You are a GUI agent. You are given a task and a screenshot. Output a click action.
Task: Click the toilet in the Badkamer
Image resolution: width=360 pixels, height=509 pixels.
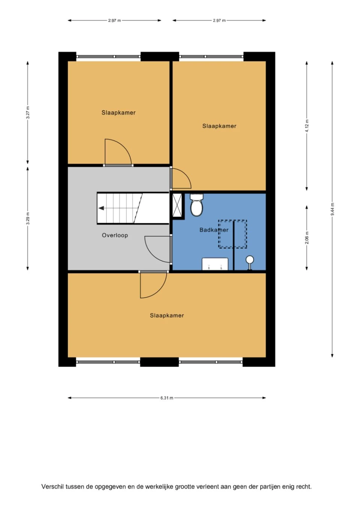coord(196,205)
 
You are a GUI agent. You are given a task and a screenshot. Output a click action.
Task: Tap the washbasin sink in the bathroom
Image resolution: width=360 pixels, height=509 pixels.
coord(215,264)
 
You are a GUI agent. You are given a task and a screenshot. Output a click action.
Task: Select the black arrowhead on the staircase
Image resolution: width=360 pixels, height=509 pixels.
coord(101,208)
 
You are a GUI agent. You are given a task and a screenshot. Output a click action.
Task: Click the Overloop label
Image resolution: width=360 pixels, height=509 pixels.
coord(115,235)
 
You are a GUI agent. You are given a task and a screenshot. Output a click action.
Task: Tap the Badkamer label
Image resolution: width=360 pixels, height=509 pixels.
coord(214,230)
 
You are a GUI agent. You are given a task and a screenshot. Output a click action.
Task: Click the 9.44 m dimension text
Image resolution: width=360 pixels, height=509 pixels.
coord(332,209)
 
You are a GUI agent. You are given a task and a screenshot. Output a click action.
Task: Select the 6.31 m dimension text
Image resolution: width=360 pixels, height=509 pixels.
coord(167,398)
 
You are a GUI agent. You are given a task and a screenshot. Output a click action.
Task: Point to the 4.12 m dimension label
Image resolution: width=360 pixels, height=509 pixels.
coord(307,126)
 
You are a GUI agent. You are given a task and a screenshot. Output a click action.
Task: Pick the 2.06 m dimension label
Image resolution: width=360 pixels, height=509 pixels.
coord(307,238)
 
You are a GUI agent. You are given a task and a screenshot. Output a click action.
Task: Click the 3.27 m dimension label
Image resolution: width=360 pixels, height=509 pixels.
coord(28,112)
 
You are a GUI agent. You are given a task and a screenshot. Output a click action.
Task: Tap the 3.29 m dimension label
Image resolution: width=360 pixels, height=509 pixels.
coord(28,219)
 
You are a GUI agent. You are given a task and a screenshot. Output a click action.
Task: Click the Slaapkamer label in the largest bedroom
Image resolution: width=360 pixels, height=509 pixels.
coord(167,315)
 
